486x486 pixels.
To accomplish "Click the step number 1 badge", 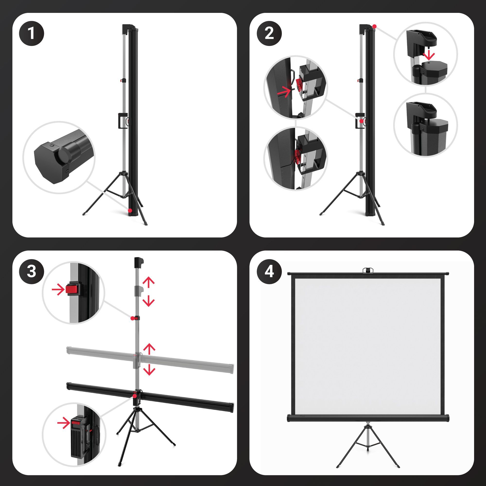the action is pos(31,33).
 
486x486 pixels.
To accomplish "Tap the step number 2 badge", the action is pos(269,33).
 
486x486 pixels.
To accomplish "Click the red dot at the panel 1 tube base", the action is pos(130,210).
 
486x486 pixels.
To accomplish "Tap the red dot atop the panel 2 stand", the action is pos(374,26).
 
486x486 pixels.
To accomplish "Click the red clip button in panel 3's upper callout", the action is pos(72,290).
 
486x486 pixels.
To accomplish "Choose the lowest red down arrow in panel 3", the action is pos(149,370).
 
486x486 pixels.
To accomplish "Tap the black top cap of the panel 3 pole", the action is pos(139,263).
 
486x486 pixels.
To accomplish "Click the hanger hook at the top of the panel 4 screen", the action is pos(367,270).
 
